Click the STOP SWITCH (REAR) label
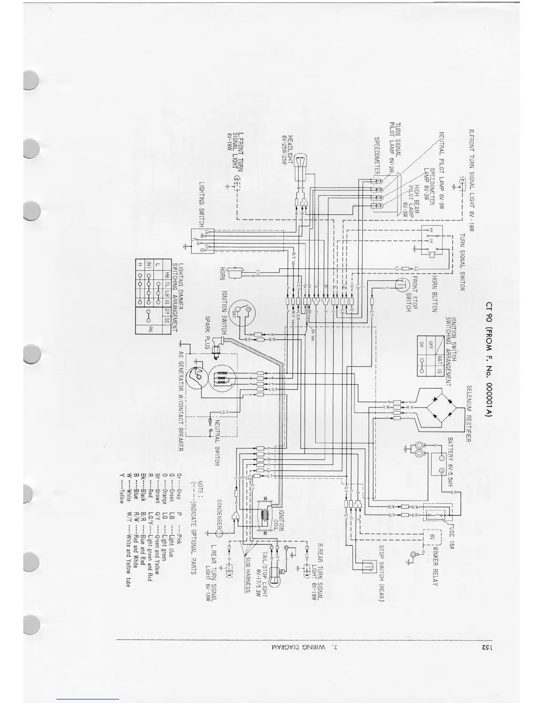click(x=381, y=573)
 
